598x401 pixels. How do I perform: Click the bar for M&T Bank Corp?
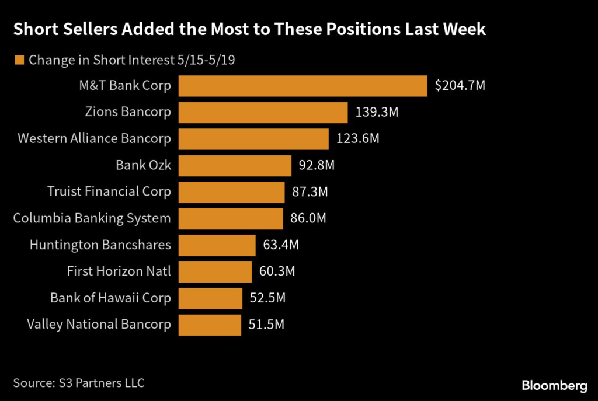click(303, 86)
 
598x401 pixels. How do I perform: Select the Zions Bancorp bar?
click(263, 112)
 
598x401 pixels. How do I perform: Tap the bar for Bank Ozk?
click(235, 165)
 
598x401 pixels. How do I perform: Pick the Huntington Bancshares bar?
click(217, 245)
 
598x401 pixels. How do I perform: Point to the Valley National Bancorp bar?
click(210, 325)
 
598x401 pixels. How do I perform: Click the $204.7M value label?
click(460, 86)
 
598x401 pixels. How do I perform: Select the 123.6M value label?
click(358, 139)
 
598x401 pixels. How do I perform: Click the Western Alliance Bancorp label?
click(94, 139)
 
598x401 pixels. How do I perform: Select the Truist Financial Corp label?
click(109, 191)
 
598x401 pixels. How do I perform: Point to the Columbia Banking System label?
click(92, 219)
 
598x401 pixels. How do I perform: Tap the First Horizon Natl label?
click(119, 271)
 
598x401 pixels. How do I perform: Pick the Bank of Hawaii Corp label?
click(110, 298)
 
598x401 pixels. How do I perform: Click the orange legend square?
click(19, 60)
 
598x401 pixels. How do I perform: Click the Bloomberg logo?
click(554, 385)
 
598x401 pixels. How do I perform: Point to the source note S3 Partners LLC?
click(79, 383)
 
